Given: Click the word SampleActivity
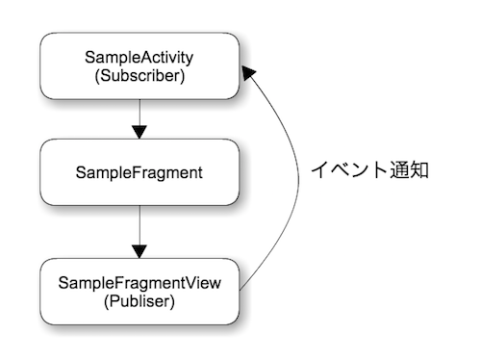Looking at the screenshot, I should (x=139, y=57).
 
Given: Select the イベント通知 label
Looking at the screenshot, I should (x=369, y=169).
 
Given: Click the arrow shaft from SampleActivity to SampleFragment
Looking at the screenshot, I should (x=139, y=114).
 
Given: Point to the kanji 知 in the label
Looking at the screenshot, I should (x=418, y=169).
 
